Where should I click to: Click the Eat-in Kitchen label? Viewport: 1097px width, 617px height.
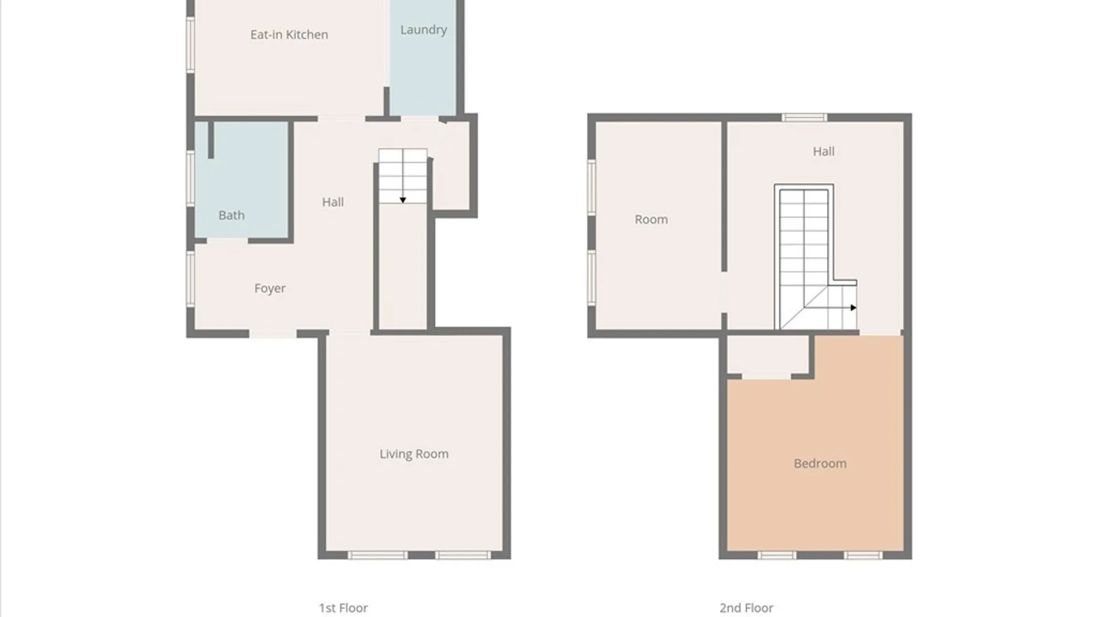289,35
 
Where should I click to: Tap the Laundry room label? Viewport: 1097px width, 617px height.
423,30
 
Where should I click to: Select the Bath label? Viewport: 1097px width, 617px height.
231,215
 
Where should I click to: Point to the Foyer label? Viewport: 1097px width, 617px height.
270,289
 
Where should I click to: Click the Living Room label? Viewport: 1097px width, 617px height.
414,454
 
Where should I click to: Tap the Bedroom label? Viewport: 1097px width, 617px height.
820,463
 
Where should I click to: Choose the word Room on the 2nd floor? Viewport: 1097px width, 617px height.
651,219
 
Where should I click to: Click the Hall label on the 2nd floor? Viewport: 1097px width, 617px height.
824,151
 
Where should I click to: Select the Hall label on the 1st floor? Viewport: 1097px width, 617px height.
333,202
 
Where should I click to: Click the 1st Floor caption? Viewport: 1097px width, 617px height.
343,608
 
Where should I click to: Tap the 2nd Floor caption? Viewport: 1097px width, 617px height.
746,608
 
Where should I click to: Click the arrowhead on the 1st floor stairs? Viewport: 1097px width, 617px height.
403,200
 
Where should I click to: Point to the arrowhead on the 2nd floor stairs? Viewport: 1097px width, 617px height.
854,308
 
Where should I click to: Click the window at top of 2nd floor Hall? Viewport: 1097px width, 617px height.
804,118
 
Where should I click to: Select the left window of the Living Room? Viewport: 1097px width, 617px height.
378,555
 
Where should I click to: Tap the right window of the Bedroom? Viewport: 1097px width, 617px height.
863,555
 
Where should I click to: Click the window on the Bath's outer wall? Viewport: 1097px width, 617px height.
191,178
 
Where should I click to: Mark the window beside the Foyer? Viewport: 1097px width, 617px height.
191,279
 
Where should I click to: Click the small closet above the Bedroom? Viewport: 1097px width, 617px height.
767,355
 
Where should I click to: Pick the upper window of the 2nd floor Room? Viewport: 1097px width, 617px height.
592,187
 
